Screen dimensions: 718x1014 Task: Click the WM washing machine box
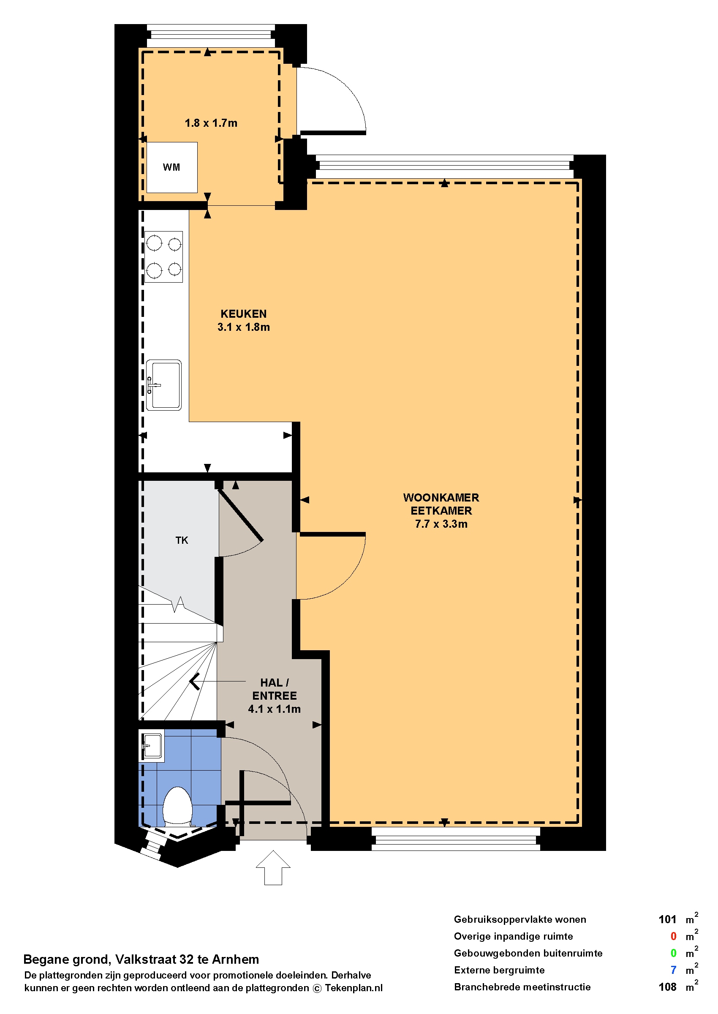click(172, 167)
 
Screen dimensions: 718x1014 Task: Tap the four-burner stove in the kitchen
click(163, 256)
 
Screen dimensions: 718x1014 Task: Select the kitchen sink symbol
click(163, 385)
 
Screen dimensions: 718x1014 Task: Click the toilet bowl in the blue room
click(178, 807)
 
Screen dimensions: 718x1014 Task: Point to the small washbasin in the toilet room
click(152, 746)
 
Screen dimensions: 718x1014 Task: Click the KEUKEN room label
click(244, 314)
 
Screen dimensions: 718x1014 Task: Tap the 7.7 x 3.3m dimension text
click(441, 524)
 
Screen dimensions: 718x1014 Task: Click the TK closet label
click(182, 540)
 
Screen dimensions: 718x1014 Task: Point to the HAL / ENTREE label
click(275, 689)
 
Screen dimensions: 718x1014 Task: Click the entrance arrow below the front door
click(273, 868)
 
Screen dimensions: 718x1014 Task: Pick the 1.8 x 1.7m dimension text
click(211, 123)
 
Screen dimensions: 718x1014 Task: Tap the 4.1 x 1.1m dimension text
click(275, 709)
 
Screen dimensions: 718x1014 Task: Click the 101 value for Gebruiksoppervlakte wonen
click(667, 919)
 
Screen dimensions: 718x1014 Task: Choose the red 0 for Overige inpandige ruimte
click(673, 936)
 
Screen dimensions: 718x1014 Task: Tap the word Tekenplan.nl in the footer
click(354, 988)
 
